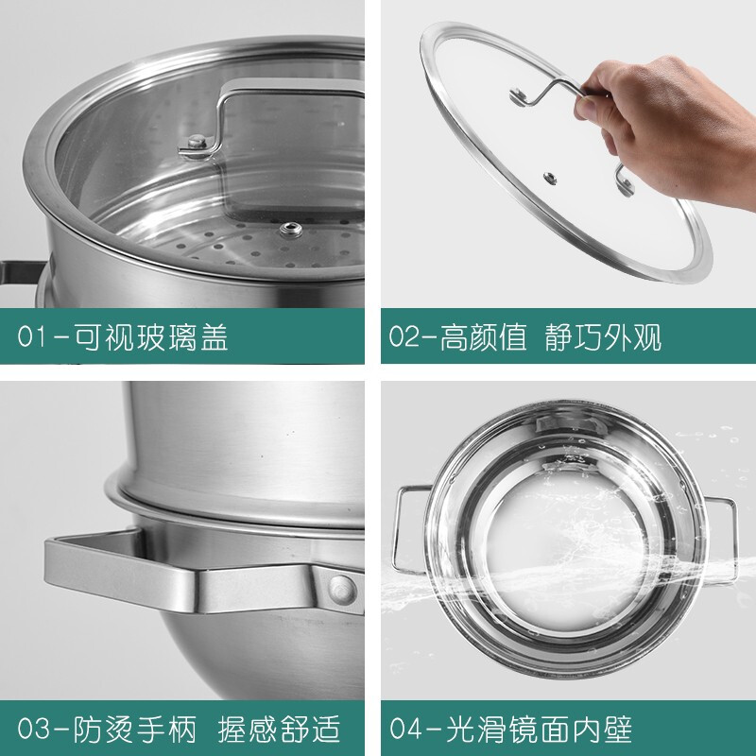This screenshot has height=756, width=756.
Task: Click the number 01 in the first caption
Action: point(33,336)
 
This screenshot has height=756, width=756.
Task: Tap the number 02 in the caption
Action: point(404,336)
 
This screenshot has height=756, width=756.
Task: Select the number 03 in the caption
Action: point(34,728)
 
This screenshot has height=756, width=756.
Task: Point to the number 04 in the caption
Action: point(405,728)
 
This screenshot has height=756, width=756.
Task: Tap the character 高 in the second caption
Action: point(455,336)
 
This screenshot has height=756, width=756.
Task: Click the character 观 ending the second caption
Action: point(647,336)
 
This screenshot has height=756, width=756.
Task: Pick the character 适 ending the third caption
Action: point(327,728)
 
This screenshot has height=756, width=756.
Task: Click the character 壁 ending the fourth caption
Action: point(617,728)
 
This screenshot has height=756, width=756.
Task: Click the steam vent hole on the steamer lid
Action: point(291,230)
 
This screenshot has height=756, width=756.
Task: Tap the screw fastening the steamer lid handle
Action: point(197,143)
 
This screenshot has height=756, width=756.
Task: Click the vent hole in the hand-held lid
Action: point(550,179)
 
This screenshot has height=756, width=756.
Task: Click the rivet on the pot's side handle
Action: point(342,589)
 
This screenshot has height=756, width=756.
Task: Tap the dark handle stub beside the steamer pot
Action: point(20,273)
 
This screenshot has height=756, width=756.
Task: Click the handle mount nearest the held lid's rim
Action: point(624,180)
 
